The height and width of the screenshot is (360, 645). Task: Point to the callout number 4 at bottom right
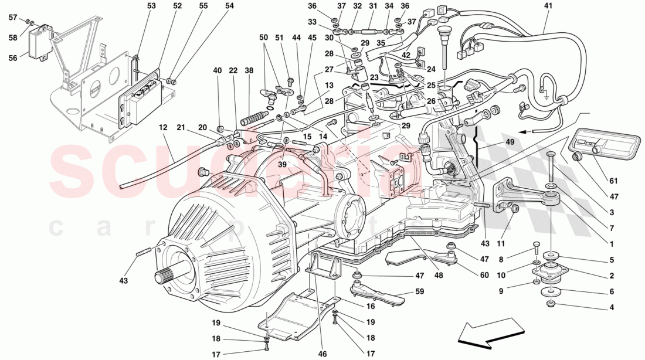[x=612, y=307]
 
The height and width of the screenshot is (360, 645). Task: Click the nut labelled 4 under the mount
[x=551, y=304]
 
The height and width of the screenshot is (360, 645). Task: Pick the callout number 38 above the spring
[x=249, y=70]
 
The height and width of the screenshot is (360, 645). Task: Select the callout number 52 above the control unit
[x=178, y=6]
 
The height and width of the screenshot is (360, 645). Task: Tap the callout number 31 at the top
[x=373, y=6]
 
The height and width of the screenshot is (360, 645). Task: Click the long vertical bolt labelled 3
[x=552, y=169]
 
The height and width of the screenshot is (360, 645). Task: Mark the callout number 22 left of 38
[x=233, y=70]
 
